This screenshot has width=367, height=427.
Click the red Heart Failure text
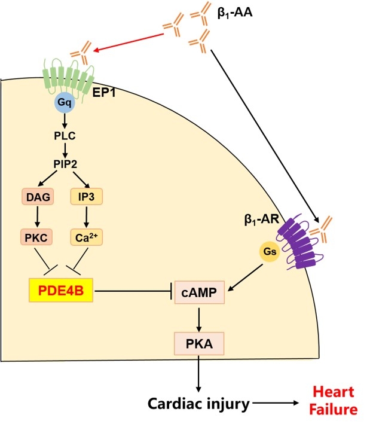click(x=338, y=398)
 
